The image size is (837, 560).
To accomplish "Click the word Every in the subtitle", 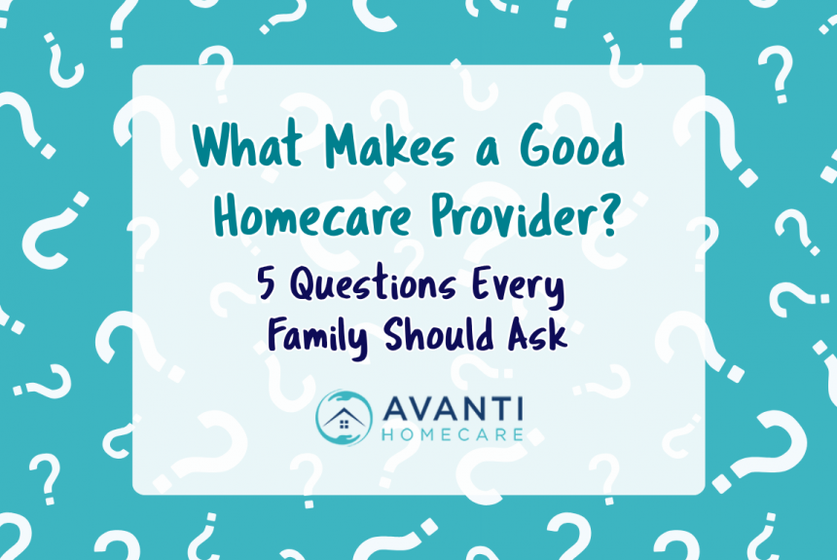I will [x=528, y=287].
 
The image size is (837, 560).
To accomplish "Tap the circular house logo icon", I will [x=344, y=417].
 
